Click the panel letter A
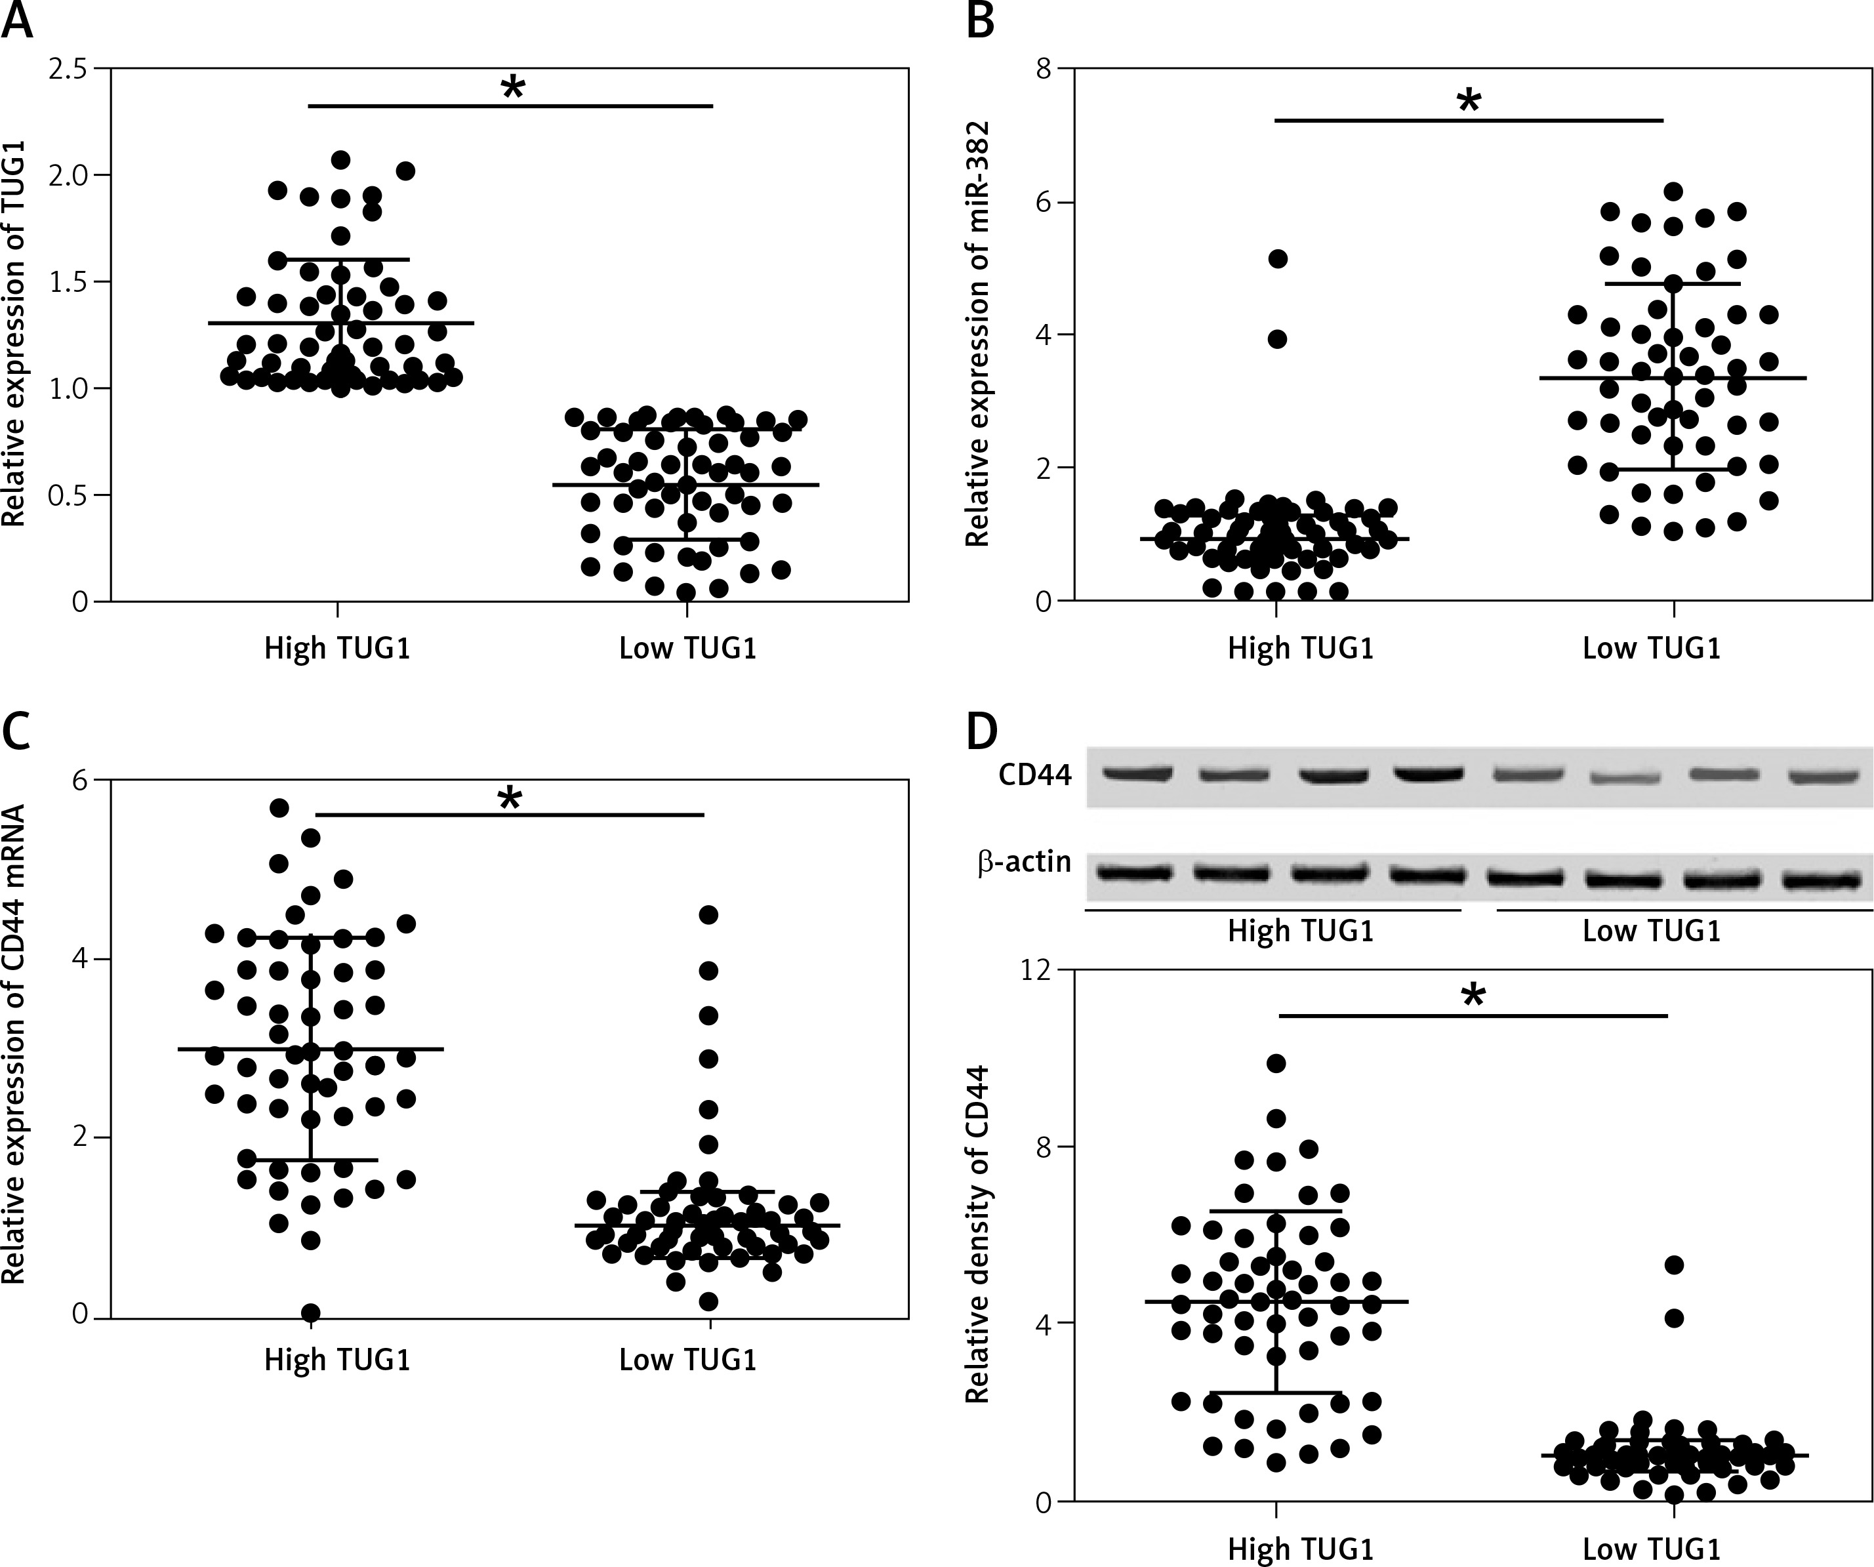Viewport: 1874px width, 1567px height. click(x=17, y=20)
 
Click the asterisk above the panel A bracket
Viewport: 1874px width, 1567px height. click(x=513, y=87)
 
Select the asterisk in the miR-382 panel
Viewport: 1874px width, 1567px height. click(x=1468, y=102)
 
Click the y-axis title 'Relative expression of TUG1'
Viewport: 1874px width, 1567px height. click(x=14, y=335)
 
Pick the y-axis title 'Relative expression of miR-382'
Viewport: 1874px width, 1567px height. click(x=979, y=335)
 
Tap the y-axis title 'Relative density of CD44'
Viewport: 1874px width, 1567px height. click(x=979, y=1236)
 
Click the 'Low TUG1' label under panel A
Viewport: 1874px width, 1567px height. click(x=687, y=648)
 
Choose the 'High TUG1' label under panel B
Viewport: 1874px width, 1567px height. click(x=1300, y=648)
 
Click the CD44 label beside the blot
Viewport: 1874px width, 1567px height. click(x=1034, y=775)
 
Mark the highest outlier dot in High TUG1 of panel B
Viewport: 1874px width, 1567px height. click(x=1278, y=259)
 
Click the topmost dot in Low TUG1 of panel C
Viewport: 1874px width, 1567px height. click(x=708, y=914)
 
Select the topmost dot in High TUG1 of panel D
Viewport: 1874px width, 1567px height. click(x=1276, y=1063)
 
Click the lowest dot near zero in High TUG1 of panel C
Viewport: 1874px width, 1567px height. click(x=310, y=1313)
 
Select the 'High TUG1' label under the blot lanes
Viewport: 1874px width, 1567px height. click(x=1300, y=931)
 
